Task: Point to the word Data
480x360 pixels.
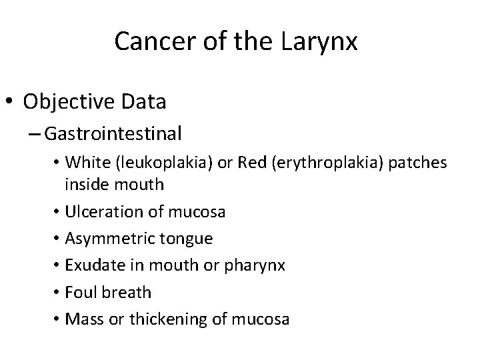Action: click(x=148, y=101)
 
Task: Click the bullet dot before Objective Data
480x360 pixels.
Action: click(x=11, y=102)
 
